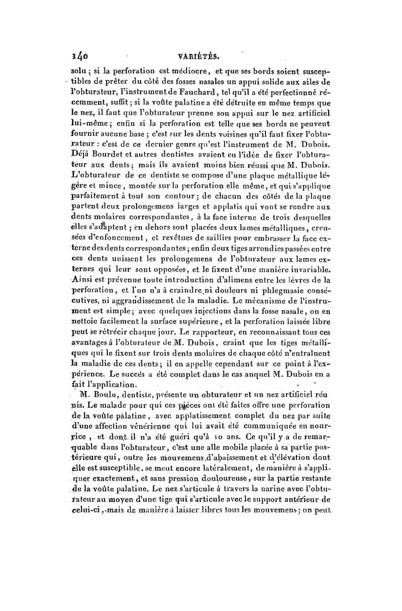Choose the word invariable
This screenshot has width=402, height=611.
pos(310,270)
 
